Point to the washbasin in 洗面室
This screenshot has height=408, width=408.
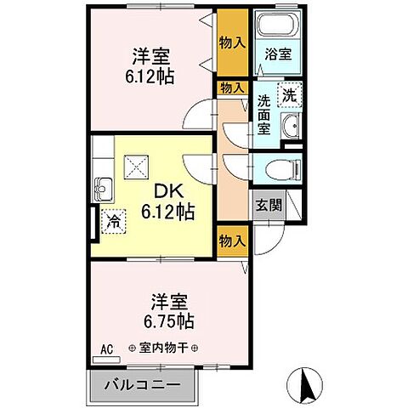point(290,128)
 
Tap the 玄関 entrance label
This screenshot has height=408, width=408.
point(265,205)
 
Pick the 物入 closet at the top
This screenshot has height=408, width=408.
point(230,43)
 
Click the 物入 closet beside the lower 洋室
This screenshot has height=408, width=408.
point(231,241)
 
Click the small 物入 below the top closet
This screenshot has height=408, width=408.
point(231,88)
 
